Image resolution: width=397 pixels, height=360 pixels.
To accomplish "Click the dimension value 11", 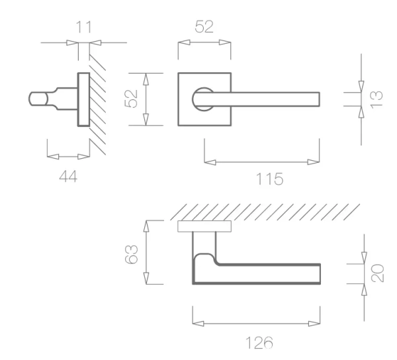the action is tap(83, 27).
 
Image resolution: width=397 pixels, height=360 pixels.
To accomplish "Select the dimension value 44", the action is tap(68, 176).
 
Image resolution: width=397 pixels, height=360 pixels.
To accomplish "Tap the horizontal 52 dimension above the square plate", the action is tap(204, 26).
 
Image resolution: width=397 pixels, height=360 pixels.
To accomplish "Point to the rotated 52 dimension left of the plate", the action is tap(132, 99).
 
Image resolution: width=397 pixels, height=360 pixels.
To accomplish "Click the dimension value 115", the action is tap(270, 179).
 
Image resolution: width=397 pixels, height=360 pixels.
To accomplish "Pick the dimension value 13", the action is tap(376, 99).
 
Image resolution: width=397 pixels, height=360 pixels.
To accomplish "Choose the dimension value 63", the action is tap(132, 254).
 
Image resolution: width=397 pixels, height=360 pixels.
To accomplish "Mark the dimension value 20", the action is tap(377, 273).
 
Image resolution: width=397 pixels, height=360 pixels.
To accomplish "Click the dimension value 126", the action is tap(259, 343).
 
